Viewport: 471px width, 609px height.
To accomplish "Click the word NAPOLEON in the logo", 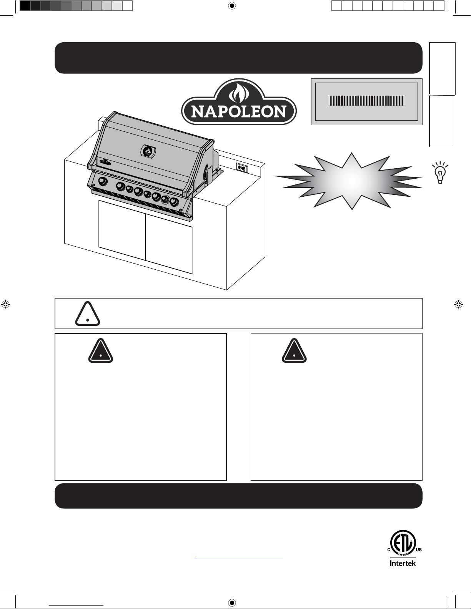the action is [239, 111].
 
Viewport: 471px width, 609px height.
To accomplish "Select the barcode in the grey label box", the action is [366, 101].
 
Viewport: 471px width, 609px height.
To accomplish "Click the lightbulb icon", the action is [440, 173].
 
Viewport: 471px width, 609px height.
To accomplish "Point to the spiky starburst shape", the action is [348, 181].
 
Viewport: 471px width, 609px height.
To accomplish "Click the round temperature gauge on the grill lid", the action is [148, 151].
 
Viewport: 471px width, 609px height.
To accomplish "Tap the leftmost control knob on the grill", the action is [103, 182].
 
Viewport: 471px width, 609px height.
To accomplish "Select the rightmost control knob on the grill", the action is [174, 202].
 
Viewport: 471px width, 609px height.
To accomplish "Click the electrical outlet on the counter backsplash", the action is [242, 168].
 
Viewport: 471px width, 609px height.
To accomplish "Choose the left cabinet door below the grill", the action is [122, 230].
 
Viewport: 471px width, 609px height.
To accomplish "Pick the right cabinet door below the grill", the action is [169, 244].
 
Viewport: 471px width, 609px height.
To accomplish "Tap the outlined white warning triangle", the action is [88, 314].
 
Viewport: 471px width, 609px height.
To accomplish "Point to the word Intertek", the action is [403, 563].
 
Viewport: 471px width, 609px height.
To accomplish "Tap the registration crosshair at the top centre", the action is [232, 6].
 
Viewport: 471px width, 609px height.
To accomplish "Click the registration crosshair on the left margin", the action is [6, 304].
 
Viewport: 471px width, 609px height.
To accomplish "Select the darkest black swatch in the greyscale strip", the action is [25, 6].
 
